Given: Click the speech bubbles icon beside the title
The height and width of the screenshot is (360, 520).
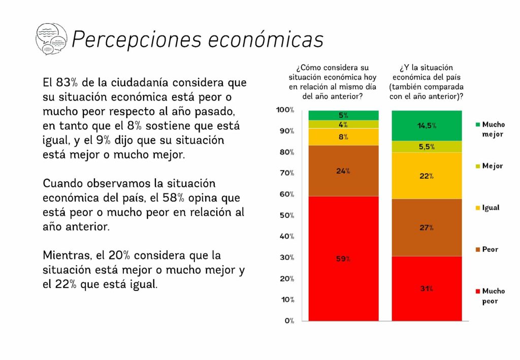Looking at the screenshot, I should pyautogui.click(x=51, y=39).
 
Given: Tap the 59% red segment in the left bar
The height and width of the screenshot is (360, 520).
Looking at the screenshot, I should pyautogui.click(x=344, y=258).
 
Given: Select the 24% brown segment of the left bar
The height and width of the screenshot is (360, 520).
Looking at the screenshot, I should pyautogui.click(x=344, y=171).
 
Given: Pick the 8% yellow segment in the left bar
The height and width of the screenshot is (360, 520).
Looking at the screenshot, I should pyautogui.click(x=344, y=137).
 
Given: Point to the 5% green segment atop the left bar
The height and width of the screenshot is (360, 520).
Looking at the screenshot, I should pyautogui.click(x=344, y=115).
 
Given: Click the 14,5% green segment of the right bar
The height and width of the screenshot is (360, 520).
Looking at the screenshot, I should pyautogui.click(x=427, y=125).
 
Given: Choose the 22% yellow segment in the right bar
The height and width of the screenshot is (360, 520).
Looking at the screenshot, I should pyautogui.click(x=427, y=176).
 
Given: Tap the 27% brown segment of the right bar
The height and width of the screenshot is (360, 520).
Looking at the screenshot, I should pyautogui.click(x=427, y=227).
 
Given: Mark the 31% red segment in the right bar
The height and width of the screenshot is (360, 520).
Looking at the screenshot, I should pyautogui.click(x=427, y=288).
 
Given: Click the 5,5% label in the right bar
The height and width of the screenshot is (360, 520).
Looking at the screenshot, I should pyautogui.click(x=427, y=147).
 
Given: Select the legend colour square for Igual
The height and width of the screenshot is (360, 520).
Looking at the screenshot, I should pyautogui.click(x=477, y=208).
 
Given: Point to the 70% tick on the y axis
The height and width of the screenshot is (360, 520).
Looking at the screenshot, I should pyautogui.click(x=285, y=173).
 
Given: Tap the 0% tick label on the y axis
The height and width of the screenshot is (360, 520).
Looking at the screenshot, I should pyautogui.click(x=289, y=320).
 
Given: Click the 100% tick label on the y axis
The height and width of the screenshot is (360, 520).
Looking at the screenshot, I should pyautogui.click(x=285, y=110).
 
